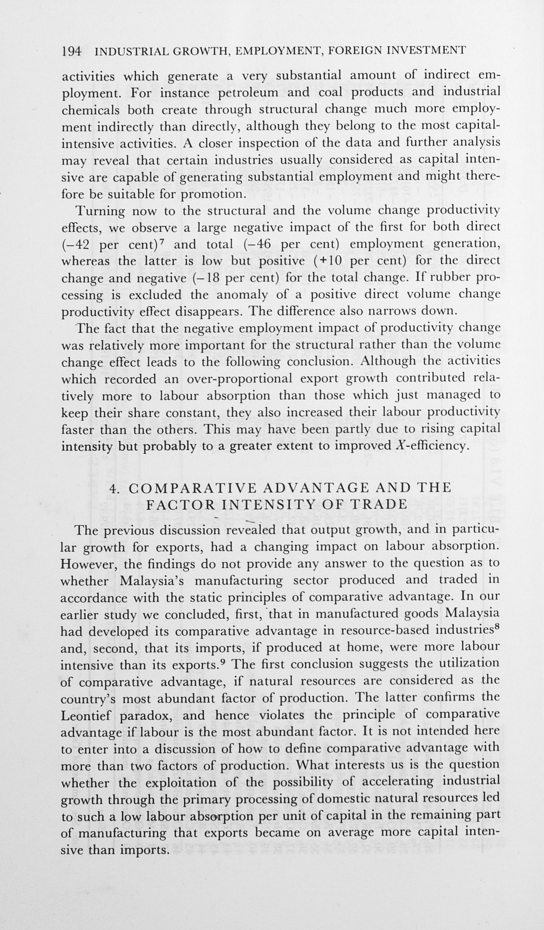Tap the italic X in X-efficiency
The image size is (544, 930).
pos(397,445)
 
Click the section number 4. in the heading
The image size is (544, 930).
pos(115,488)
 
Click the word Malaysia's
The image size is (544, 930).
pos(152,581)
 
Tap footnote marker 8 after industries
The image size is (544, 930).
pos(497,627)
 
